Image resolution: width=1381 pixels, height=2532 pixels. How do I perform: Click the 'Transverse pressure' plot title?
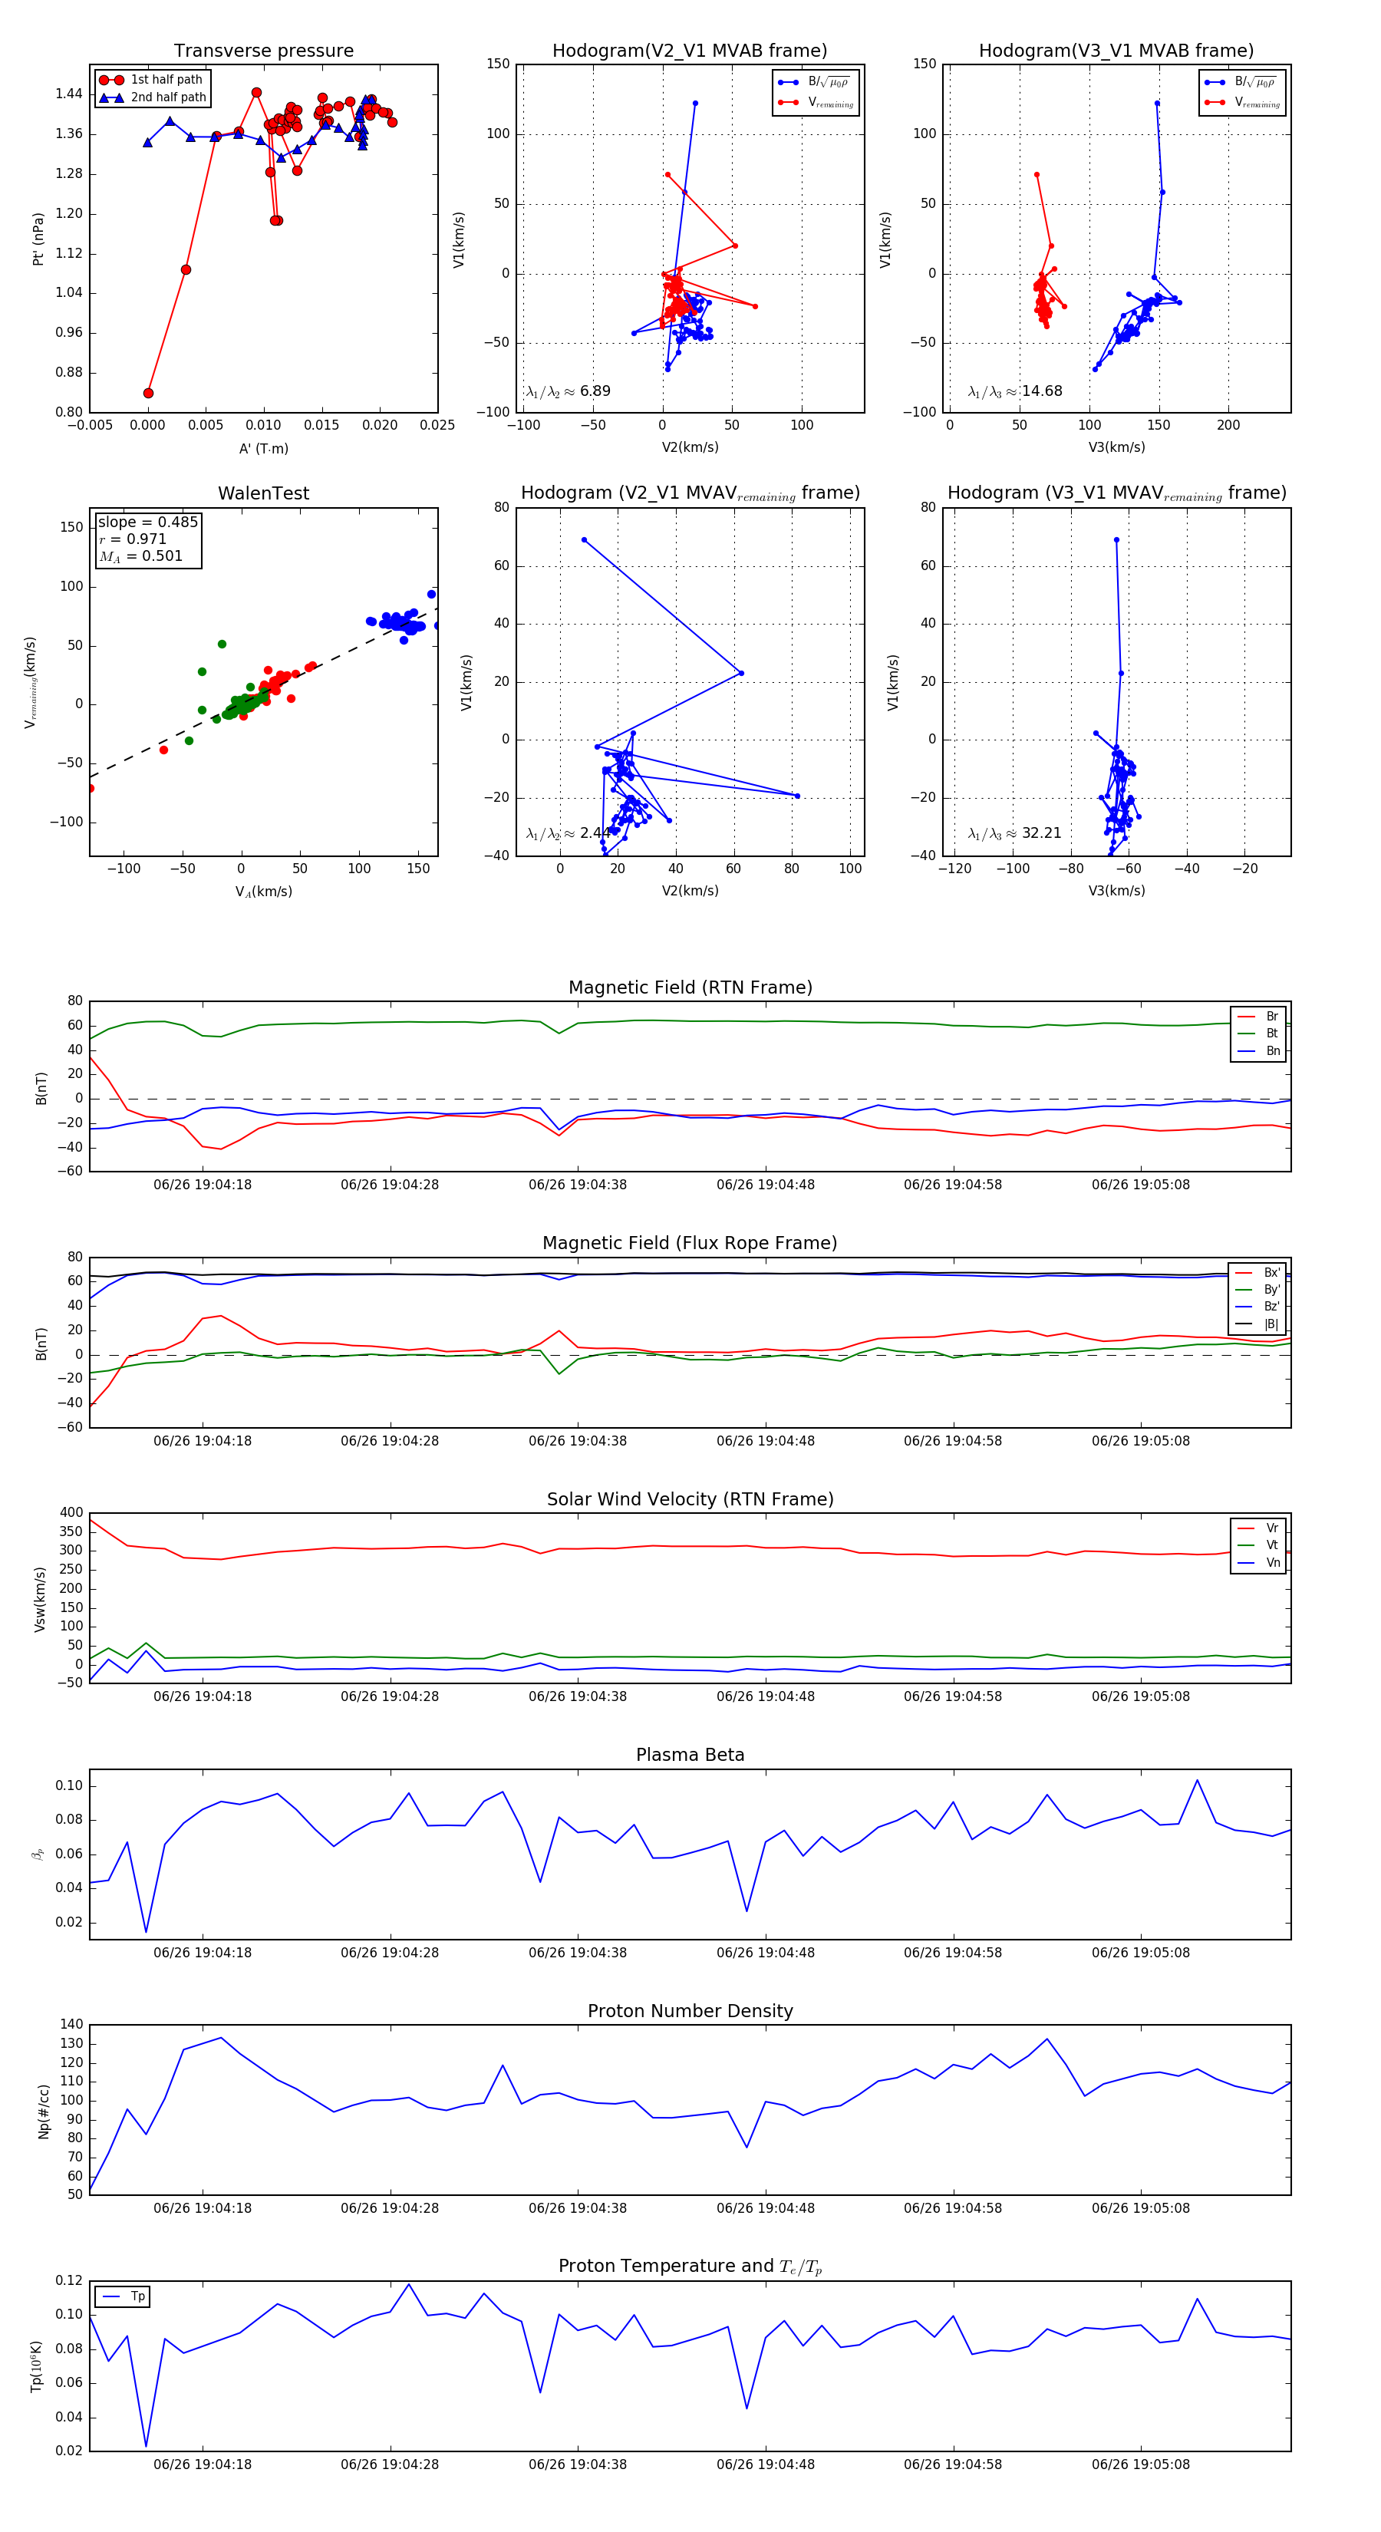coord(263,51)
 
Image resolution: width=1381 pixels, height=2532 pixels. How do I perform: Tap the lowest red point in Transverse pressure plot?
coord(148,393)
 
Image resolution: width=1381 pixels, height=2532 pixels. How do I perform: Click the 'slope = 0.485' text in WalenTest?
coord(147,522)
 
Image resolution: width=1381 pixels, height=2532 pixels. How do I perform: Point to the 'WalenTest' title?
coord(263,493)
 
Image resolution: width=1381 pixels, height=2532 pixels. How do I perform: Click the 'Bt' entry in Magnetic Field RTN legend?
coord(1271,1033)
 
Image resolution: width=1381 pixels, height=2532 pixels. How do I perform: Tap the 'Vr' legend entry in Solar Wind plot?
coord(1271,1528)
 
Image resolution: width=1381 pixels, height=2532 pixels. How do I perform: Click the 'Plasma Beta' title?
coord(690,1756)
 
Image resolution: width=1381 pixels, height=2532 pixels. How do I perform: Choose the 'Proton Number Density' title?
coord(690,2011)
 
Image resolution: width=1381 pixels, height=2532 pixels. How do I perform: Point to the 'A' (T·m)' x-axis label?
coord(263,449)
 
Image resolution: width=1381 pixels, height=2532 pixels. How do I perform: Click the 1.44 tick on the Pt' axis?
coord(69,94)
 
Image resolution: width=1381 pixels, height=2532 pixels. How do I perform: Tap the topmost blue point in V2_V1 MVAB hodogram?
coord(695,104)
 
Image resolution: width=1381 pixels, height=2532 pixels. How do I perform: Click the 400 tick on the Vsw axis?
coord(72,1513)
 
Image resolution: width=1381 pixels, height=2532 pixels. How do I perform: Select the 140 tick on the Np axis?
coord(72,2025)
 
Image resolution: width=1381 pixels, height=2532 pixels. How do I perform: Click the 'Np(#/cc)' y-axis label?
coord(43,2110)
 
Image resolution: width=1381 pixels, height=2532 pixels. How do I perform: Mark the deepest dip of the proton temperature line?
coord(147,2448)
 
